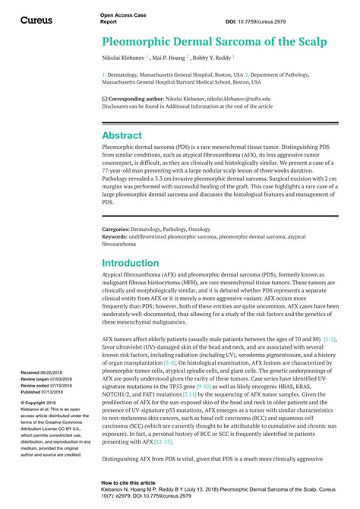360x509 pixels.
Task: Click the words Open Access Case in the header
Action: tap(122, 15)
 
